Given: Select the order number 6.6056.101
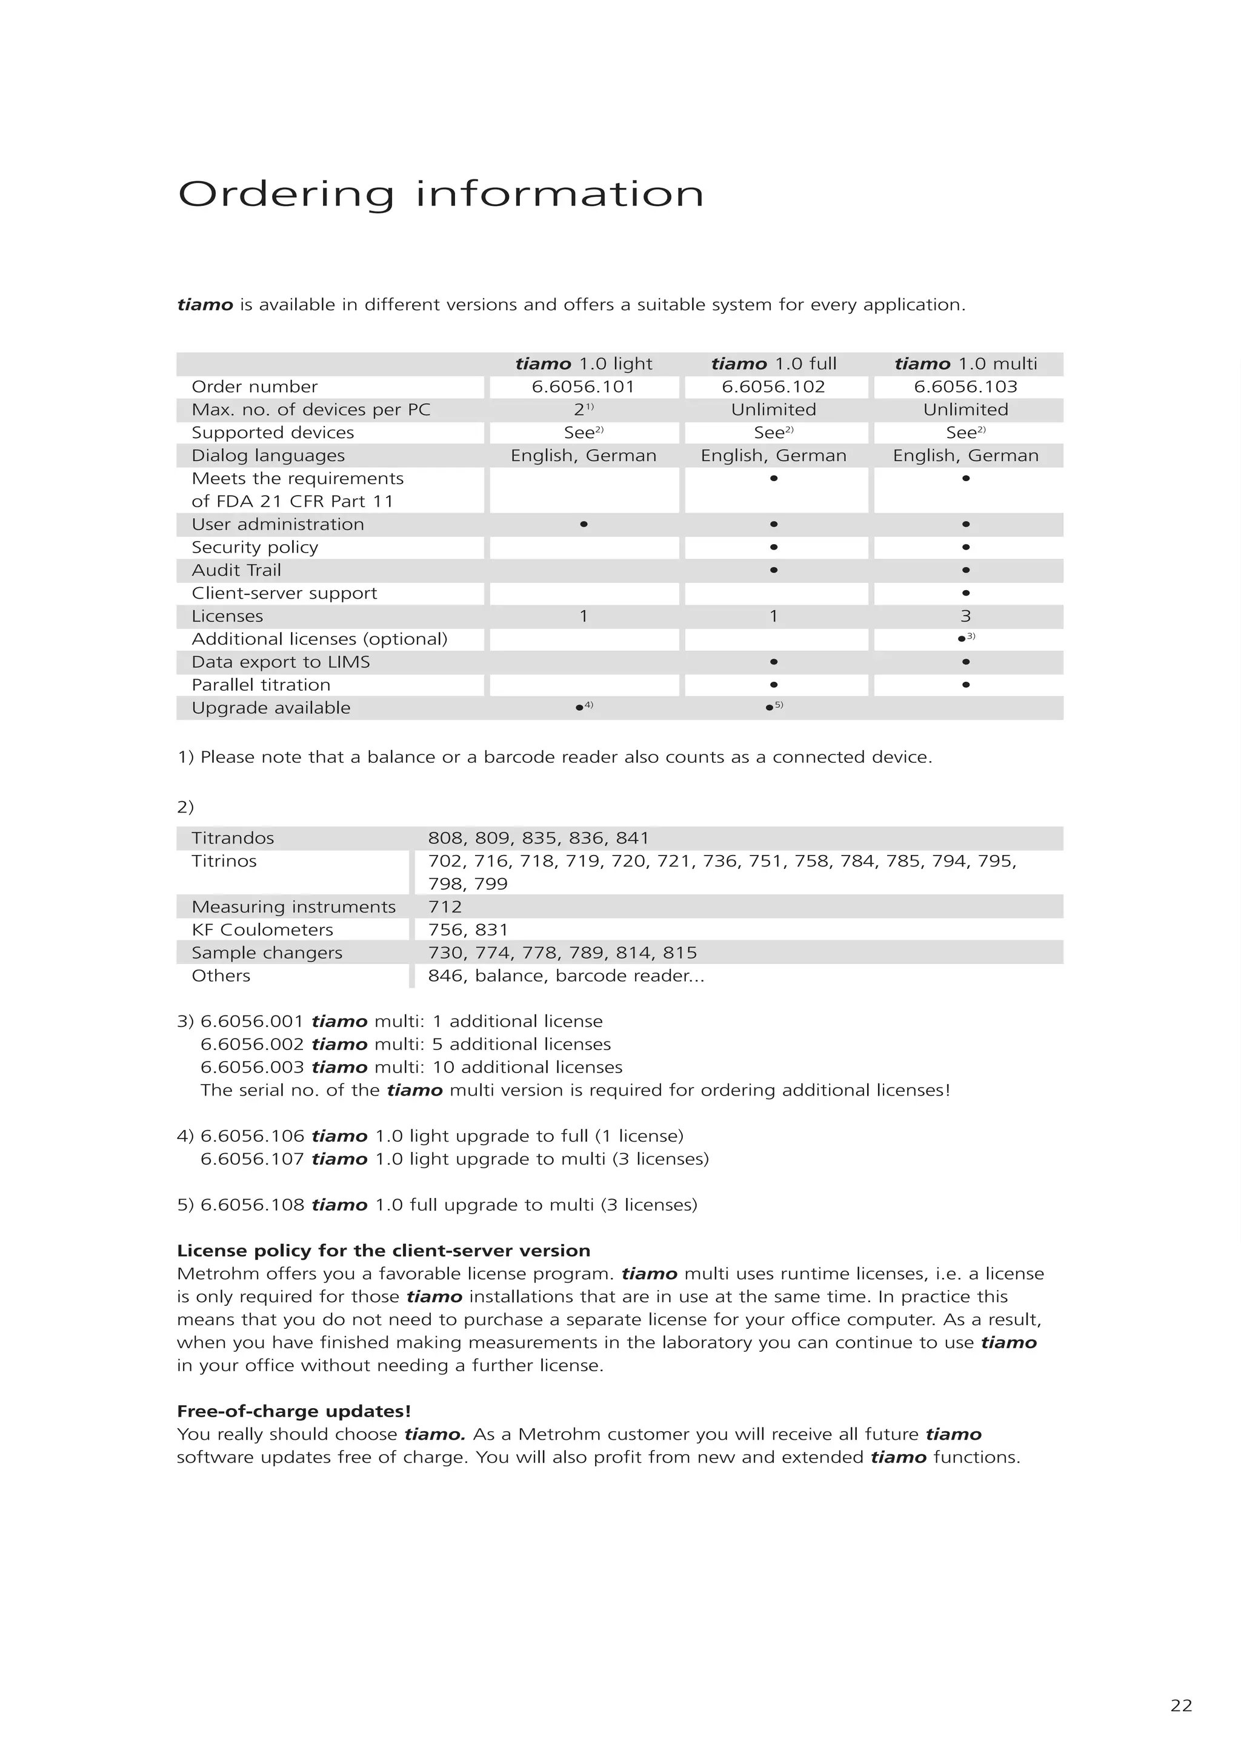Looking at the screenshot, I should click(584, 387).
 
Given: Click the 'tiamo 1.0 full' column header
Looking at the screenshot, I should click(773, 364).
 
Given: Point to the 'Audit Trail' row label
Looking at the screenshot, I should click(236, 571).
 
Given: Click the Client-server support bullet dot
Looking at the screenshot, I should click(966, 593).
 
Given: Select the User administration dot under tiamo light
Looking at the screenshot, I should click(584, 525).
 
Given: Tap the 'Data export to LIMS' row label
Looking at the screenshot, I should click(281, 662).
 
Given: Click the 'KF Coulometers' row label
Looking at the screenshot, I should click(262, 930).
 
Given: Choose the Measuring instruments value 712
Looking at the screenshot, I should click(445, 907).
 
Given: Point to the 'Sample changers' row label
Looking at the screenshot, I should click(267, 953).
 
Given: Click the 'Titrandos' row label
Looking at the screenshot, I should click(233, 838).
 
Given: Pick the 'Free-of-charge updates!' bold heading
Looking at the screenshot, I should click(294, 1412).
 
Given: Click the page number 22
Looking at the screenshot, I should click(1180, 1706).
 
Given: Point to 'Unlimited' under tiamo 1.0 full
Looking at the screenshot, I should click(773, 410).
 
